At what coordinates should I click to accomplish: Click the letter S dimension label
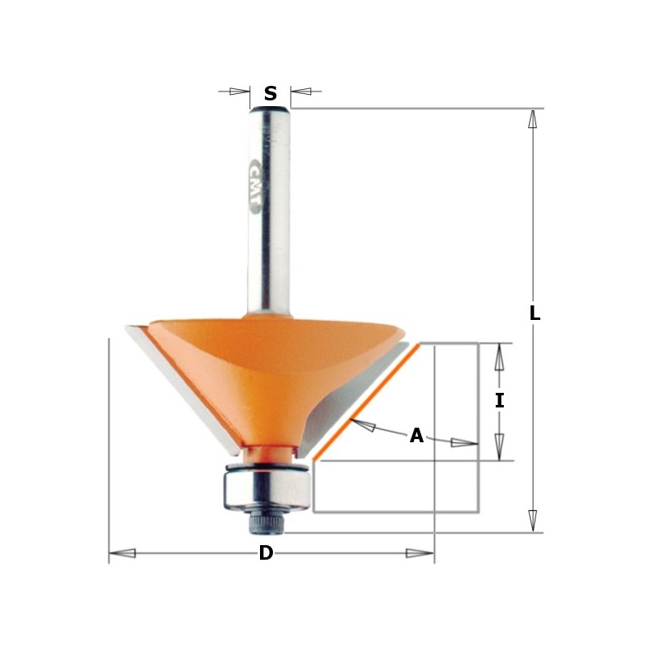271,94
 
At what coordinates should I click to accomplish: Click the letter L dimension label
535,313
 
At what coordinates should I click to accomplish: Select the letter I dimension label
500,400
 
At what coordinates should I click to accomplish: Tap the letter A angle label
416,436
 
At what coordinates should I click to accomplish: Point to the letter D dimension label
266,553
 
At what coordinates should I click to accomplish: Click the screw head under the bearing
267,523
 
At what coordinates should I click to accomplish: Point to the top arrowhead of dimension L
532,119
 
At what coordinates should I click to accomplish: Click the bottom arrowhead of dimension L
532,521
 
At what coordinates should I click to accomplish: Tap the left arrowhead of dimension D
122,553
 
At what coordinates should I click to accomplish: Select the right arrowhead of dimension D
420,553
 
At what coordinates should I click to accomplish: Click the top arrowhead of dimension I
499,356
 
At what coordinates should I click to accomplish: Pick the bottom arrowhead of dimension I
499,447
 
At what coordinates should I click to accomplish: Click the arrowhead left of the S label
239,92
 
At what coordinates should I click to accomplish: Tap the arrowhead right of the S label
301,92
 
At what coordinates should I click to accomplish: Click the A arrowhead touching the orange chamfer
362,425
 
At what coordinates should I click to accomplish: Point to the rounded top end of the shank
270,109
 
